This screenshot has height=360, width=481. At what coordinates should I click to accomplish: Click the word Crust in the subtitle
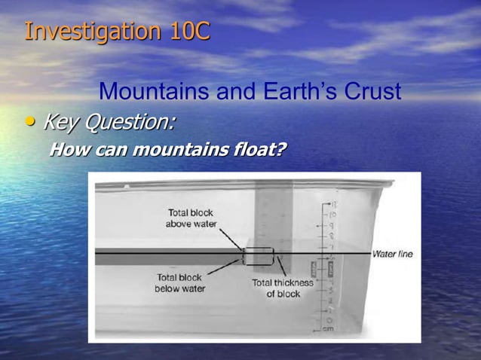click(x=372, y=92)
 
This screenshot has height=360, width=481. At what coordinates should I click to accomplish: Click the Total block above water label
click(x=191, y=218)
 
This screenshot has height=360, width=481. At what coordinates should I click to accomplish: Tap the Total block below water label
click(x=180, y=282)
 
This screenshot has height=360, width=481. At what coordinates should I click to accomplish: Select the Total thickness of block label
click(x=283, y=288)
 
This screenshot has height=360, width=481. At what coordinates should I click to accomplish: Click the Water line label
click(x=392, y=254)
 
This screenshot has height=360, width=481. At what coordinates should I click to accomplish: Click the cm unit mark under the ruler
click(x=328, y=329)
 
